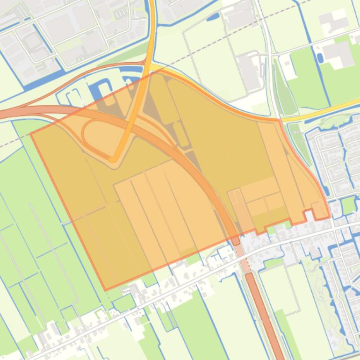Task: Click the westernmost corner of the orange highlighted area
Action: coord(30,134)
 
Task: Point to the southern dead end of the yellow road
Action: coord(113,159)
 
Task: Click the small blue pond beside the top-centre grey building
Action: coord(213,17)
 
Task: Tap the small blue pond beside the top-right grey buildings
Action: coord(320,58)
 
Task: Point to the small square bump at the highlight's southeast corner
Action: coord(320,211)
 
